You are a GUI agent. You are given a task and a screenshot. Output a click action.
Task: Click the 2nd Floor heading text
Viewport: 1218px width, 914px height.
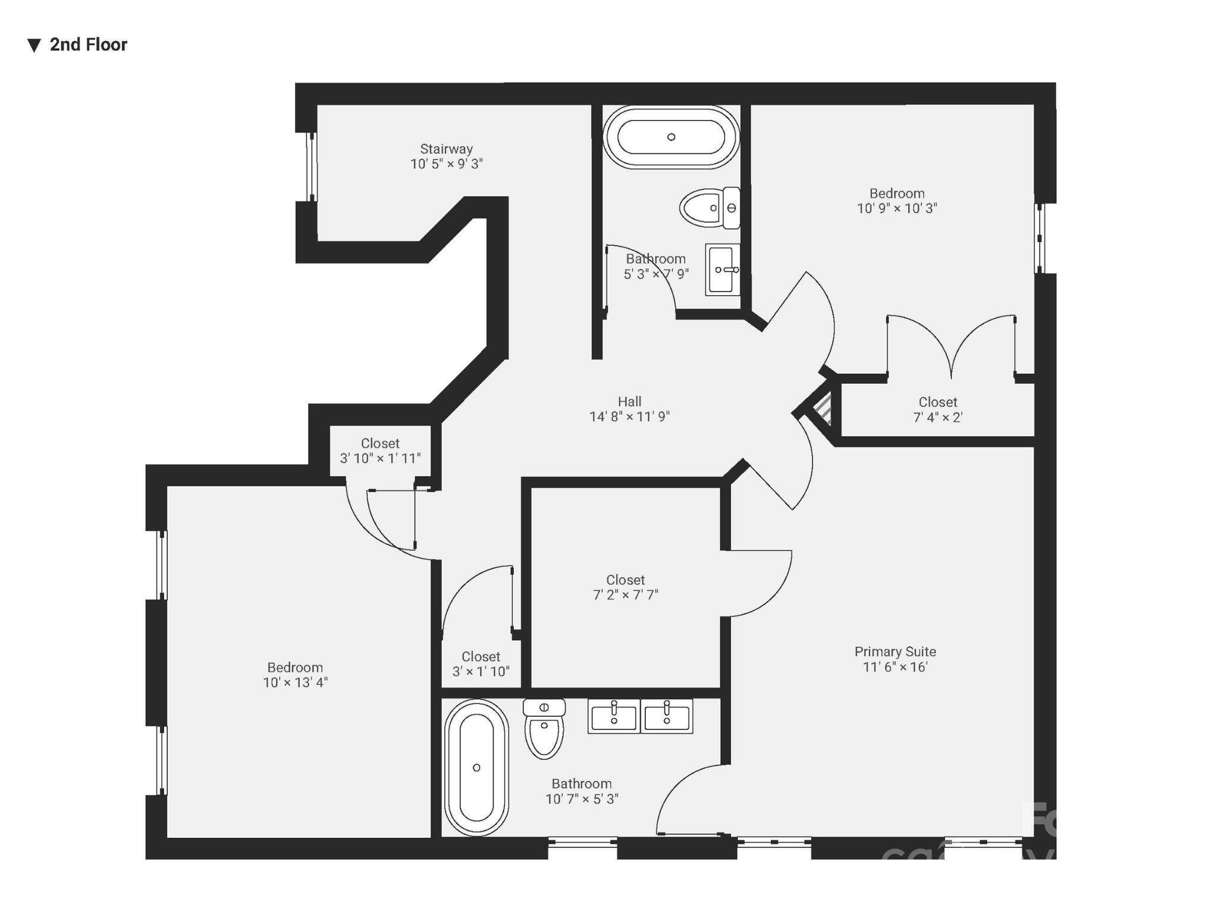coord(88,45)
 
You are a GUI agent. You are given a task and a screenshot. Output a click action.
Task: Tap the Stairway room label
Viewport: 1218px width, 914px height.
coord(446,149)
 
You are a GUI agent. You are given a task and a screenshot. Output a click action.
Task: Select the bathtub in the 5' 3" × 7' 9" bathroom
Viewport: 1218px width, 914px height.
coord(671,137)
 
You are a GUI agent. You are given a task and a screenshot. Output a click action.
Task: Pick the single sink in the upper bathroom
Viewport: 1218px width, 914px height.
coord(722,270)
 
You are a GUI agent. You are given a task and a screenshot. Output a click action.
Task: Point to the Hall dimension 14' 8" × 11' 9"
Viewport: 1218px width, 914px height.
coord(629,417)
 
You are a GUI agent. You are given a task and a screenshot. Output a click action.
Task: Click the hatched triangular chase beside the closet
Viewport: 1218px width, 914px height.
coord(824,409)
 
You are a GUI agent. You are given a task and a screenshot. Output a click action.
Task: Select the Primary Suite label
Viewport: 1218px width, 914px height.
coord(895,652)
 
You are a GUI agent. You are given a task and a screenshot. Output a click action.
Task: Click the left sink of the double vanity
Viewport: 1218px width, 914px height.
coord(614,716)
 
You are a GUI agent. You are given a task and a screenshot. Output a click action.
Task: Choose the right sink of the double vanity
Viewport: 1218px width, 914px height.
coord(666,716)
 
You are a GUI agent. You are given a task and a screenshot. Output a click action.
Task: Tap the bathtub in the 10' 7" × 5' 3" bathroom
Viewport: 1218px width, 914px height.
coord(476,768)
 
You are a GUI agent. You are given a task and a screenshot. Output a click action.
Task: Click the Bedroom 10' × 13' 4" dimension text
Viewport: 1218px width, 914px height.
coord(295,683)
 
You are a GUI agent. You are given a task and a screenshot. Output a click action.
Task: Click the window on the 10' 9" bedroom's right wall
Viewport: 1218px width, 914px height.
coord(1040,238)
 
